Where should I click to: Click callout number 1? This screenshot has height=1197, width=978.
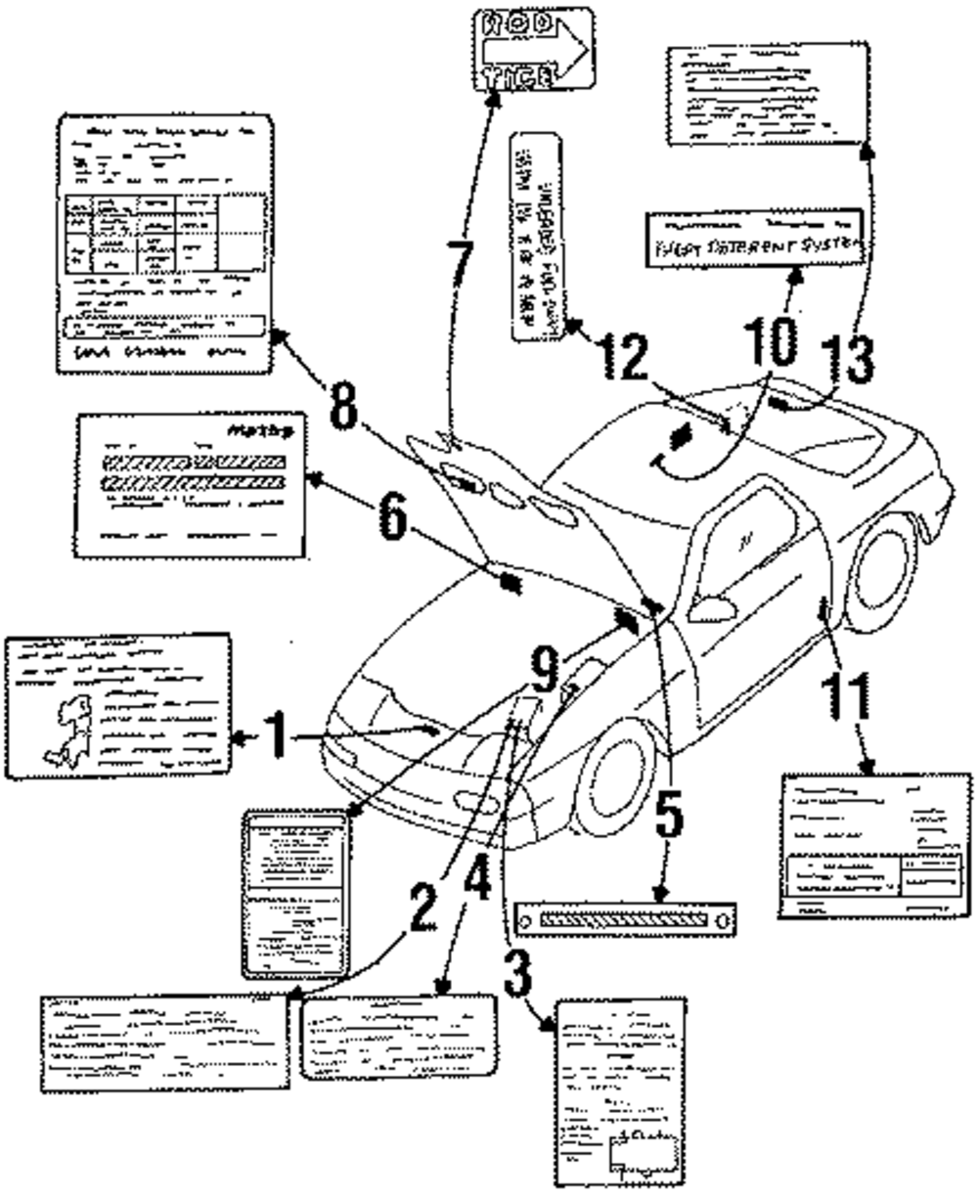click(277, 736)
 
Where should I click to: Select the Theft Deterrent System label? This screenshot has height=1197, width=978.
click(753, 237)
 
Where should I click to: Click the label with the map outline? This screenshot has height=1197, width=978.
click(117, 705)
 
